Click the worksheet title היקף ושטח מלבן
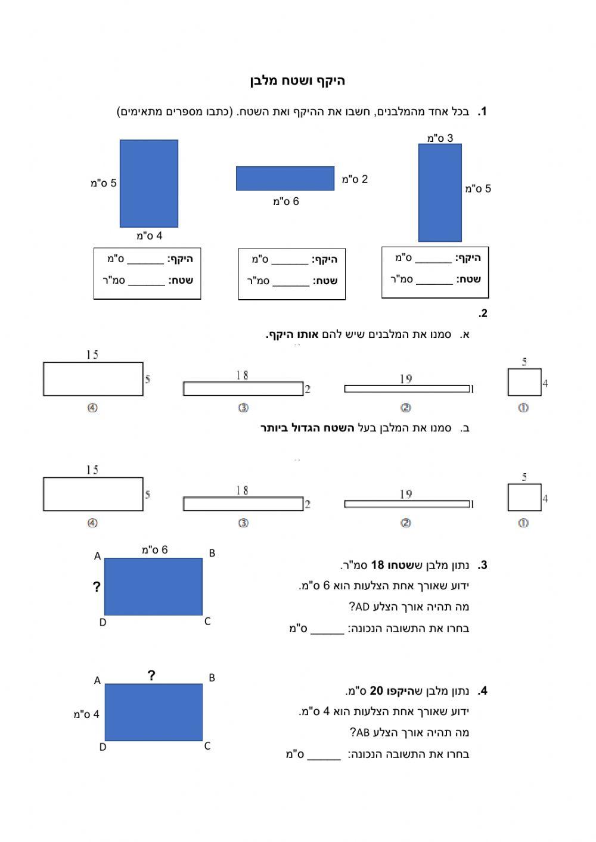(x=297, y=81)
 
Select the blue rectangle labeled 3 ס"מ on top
(x=440, y=192)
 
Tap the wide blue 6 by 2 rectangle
(x=285, y=178)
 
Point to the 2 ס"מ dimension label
(x=355, y=179)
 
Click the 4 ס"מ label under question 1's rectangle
(x=149, y=236)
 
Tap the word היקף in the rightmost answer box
(x=468, y=258)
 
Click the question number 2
(x=483, y=313)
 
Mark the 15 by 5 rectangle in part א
(x=93, y=379)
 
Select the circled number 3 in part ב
(x=243, y=523)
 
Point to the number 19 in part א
(x=406, y=379)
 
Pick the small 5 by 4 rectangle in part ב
(x=524, y=498)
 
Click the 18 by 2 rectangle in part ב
(x=243, y=504)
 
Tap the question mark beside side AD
(x=97, y=587)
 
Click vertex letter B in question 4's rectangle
(x=212, y=678)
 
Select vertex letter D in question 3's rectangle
(x=103, y=623)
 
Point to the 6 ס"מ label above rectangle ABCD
(x=154, y=550)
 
